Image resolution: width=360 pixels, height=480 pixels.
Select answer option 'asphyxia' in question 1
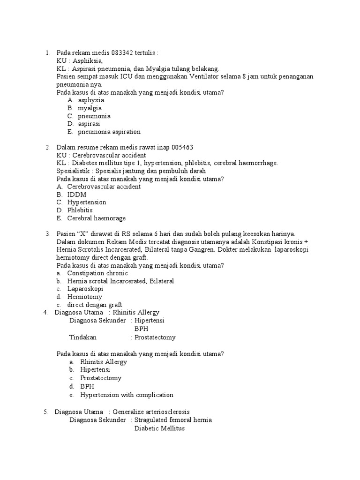91,100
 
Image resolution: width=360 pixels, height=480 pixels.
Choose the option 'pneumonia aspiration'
109,132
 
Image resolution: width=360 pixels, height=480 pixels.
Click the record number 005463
182,147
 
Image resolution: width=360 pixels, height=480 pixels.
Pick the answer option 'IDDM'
77,194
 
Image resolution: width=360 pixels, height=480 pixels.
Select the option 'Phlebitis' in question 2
80,210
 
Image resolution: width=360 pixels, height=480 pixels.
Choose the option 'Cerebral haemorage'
96,218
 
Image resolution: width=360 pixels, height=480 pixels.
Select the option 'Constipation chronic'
97,273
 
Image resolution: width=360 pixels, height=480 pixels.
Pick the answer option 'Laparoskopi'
85,289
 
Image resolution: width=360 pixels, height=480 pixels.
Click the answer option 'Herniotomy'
84,297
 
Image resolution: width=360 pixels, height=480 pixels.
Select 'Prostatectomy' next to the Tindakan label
155,337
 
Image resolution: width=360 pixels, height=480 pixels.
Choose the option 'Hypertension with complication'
127,395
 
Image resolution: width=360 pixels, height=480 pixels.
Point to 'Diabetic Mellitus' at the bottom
159,428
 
